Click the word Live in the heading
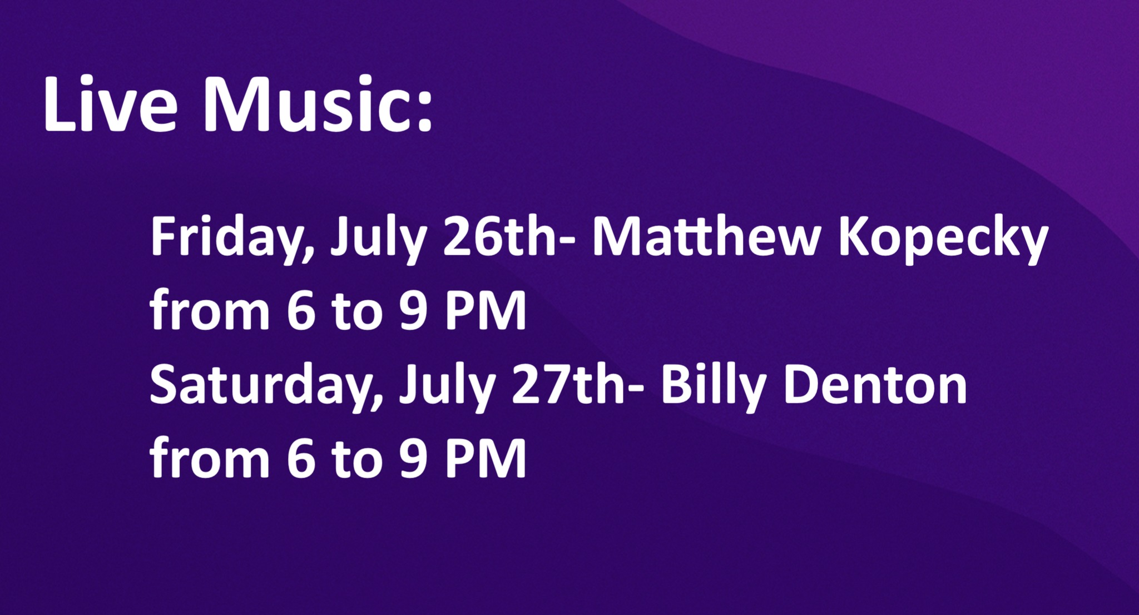pyautogui.click(x=111, y=104)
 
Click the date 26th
pyautogui.click(x=498, y=237)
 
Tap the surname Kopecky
pyautogui.click(x=943, y=241)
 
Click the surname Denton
pyautogui.click(x=875, y=385)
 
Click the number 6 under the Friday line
pyautogui.click(x=301, y=311)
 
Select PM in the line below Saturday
pyautogui.click(x=486, y=459)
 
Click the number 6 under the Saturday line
pyautogui.click(x=301, y=459)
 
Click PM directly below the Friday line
pyautogui.click(x=486, y=311)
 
